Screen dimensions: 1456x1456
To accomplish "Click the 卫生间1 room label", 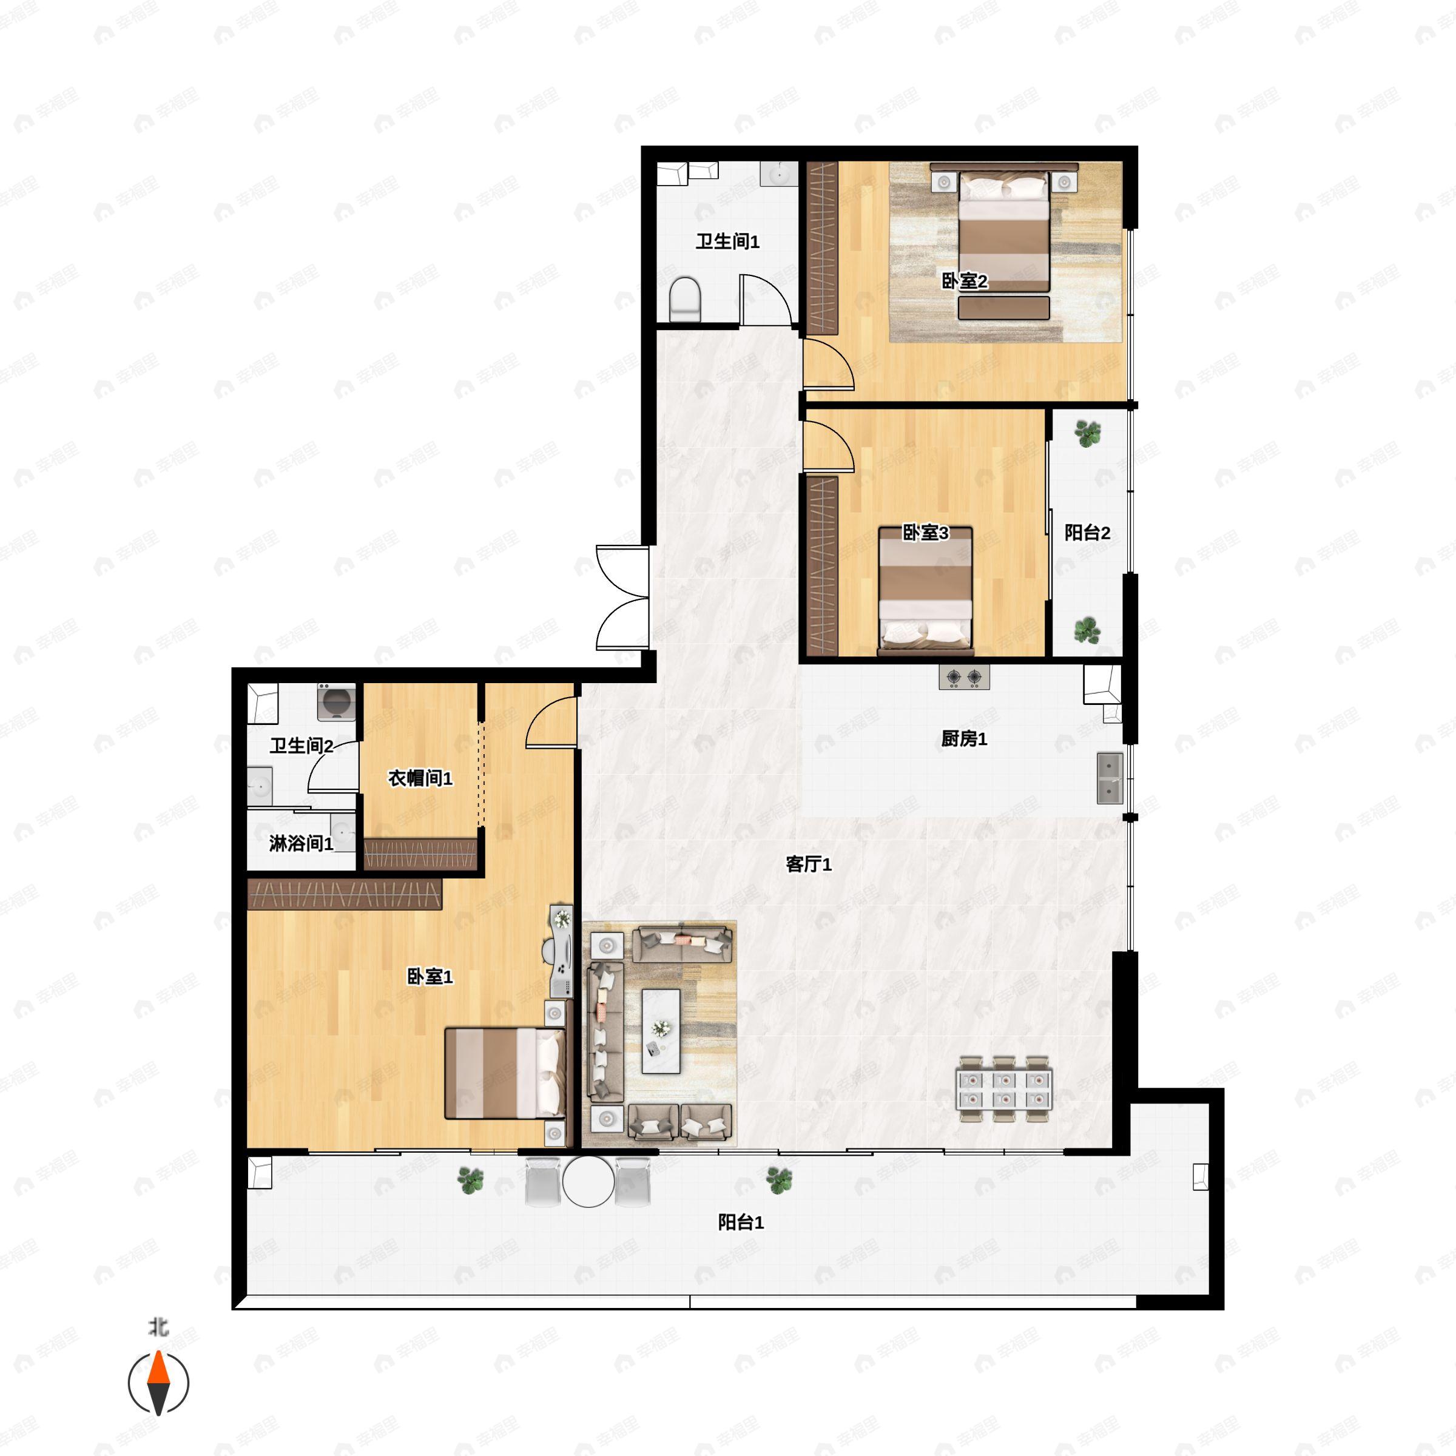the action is coord(727,241).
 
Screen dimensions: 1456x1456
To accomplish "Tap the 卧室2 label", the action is coord(965,281).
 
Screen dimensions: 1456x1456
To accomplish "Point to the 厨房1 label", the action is coord(964,738).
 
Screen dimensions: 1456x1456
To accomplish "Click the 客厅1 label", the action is coord(809,864).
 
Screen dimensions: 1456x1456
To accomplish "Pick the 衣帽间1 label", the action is coord(420,778).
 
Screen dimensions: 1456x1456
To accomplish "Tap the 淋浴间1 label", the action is coord(302,843).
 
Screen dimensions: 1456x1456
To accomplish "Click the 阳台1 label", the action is coord(741,1222).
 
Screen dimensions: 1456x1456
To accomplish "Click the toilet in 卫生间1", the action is coord(685,299).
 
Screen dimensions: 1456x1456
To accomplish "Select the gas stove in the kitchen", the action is coord(964,678).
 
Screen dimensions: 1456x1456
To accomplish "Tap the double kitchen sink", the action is coord(1110,778).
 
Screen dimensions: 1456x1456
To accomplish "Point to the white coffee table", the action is coord(661,1031).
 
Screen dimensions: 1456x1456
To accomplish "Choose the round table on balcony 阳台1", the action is coord(588,1182).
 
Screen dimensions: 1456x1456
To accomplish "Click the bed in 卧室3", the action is coord(925,591).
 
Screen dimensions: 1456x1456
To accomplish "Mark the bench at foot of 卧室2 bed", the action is coord(1004,308).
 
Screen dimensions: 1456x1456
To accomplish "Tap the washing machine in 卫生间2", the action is coord(336,703).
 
